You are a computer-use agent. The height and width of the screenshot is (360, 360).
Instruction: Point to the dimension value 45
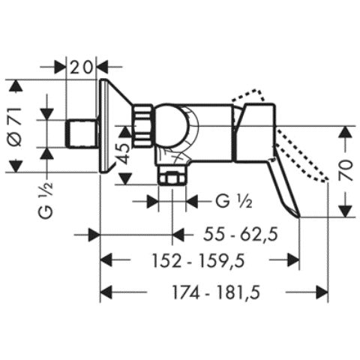[x=132, y=154]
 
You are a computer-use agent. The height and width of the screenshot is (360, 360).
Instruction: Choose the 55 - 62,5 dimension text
[x=241, y=235]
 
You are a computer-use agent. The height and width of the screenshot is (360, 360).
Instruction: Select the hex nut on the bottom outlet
[x=172, y=179]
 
